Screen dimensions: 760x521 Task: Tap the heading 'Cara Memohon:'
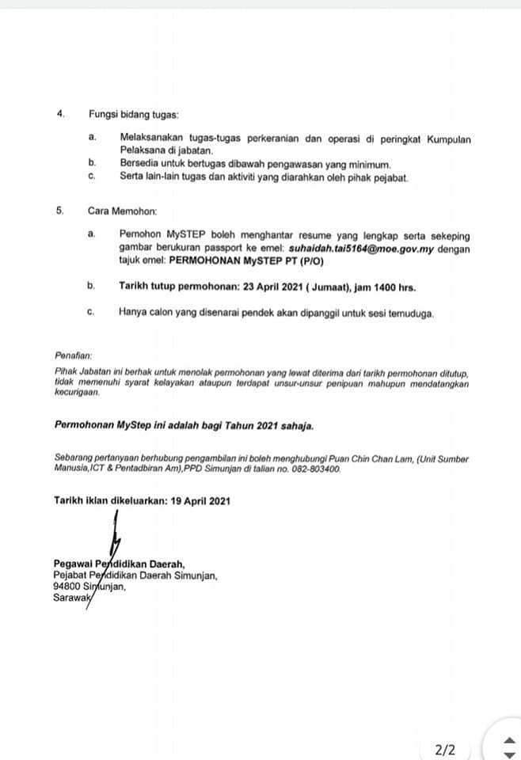click(123, 212)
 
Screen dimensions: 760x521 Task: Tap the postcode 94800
click(67, 587)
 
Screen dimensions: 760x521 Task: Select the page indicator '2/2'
click(445, 748)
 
